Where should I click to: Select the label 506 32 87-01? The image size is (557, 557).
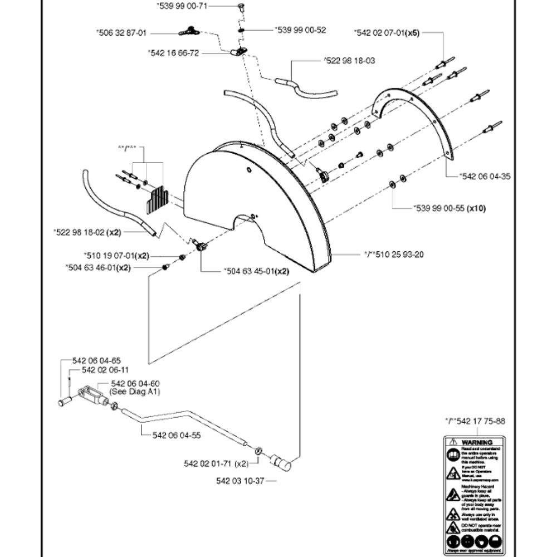(122, 33)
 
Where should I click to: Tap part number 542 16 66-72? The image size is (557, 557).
(173, 53)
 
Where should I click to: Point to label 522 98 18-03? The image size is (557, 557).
(349, 60)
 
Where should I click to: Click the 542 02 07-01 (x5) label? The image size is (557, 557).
(387, 33)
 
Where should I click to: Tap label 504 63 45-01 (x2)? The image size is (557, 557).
(256, 271)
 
